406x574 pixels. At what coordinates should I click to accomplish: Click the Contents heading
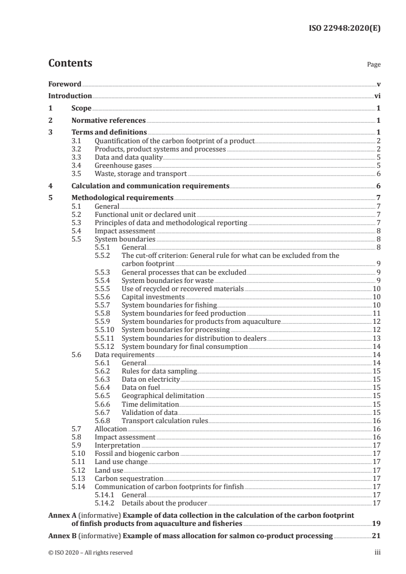[70, 64]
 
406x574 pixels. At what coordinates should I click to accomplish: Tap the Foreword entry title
[65, 84]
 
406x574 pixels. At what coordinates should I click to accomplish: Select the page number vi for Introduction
[377, 96]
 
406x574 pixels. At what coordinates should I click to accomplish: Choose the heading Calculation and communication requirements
[150, 186]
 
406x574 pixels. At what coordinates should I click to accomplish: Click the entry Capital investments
[153, 297]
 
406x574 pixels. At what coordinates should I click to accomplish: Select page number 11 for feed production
[376, 313]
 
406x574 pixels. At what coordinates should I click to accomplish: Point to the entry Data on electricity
[151, 379]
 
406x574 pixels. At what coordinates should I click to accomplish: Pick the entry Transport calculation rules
[165, 421]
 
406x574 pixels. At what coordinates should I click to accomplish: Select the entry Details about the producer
[161, 503]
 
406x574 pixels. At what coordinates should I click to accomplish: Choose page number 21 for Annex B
[376, 537]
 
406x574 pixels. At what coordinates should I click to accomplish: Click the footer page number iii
[377, 553]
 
